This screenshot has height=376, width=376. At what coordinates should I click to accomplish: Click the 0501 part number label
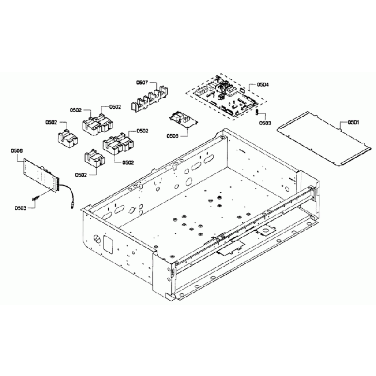point(353,123)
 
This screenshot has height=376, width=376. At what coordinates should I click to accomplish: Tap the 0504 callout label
point(262,85)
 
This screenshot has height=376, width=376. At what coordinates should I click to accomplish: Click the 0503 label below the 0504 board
point(264,123)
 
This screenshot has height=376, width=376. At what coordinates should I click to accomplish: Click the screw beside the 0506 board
point(36,198)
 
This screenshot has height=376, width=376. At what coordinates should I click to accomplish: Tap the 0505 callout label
point(171,136)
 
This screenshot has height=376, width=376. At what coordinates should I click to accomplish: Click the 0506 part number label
point(17,150)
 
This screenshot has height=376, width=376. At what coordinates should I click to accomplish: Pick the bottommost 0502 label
point(82,174)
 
